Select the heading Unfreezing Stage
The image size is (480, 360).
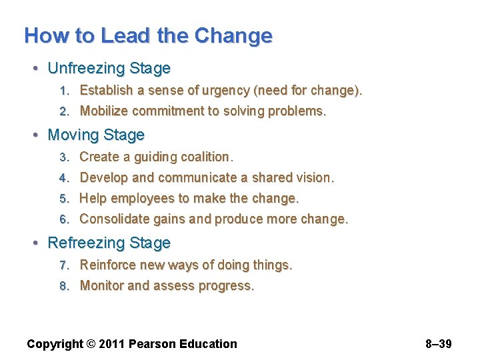click(109, 69)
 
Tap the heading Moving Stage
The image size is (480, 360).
click(96, 135)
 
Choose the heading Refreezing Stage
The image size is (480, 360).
click(109, 243)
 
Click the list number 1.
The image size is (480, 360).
click(64, 91)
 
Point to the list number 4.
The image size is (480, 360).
click(64, 178)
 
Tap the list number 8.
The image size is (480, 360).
click(64, 286)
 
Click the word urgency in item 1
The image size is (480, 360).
click(247, 90)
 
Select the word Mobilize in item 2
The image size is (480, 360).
click(104, 111)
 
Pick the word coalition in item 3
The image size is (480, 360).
click(206, 157)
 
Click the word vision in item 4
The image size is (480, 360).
click(315, 177)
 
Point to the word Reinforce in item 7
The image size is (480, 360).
click(108, 265)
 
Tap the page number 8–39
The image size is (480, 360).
click(438, 344)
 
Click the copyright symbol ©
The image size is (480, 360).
click(90, 344)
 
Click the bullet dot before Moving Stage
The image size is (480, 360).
click(37, 135)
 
